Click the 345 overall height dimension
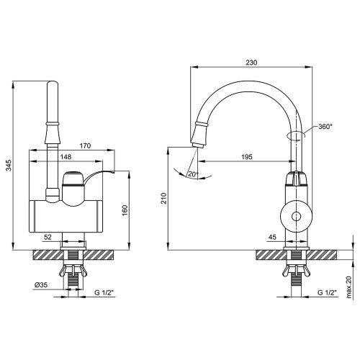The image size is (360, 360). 9,166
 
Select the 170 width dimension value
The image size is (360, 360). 85,145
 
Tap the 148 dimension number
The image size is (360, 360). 66,157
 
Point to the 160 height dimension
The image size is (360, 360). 125,210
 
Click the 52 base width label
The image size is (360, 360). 48,237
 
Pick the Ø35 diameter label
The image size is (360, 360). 41,285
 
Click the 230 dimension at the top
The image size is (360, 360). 251,63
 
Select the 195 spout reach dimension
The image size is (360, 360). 247,157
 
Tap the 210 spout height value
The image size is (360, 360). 163,198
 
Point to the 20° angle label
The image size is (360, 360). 193,174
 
